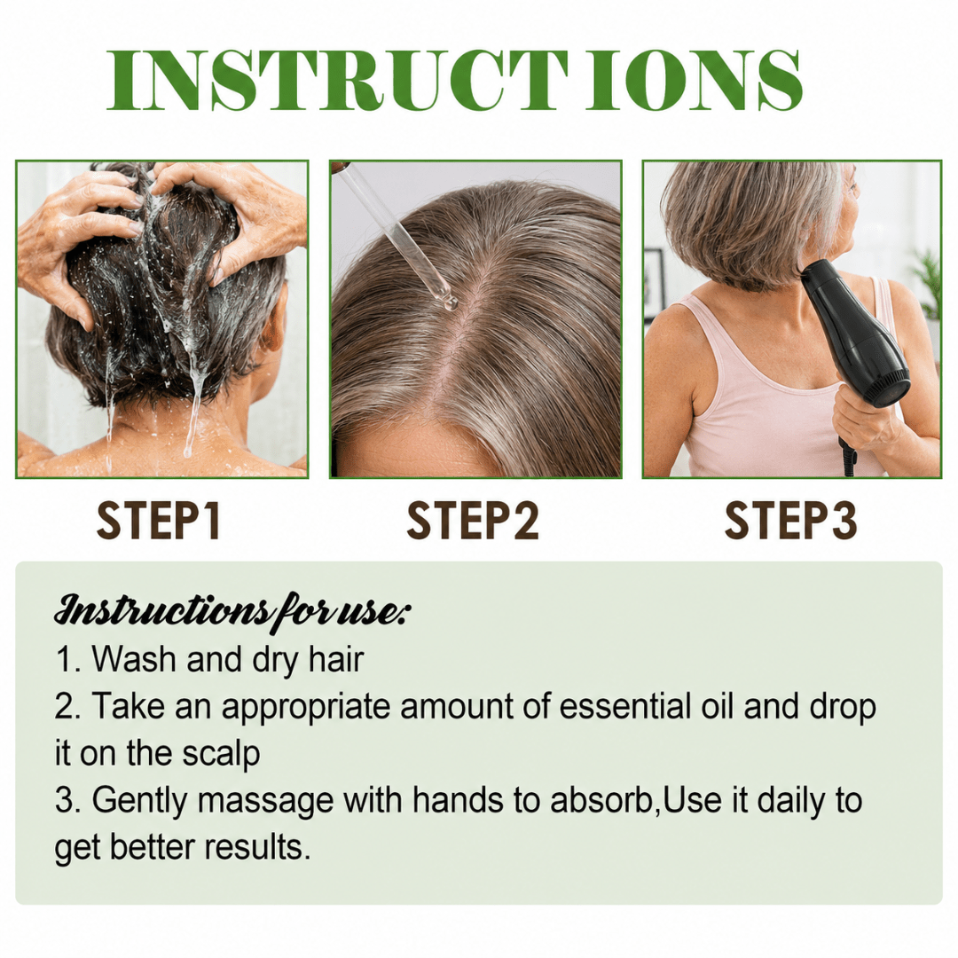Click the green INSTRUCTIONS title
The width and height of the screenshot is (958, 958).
[x=454, y=80]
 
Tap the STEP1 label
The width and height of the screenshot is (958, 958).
[x=159, y=521]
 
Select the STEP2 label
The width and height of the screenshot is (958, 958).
[x=473, y=521]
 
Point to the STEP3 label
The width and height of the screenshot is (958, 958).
[x=791, y=521]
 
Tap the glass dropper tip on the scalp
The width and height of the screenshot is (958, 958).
[x=450, y=302]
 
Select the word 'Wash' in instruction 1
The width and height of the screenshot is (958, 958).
[x=133, y=660]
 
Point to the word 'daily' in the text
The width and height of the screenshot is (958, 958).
[x=792, y=800]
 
